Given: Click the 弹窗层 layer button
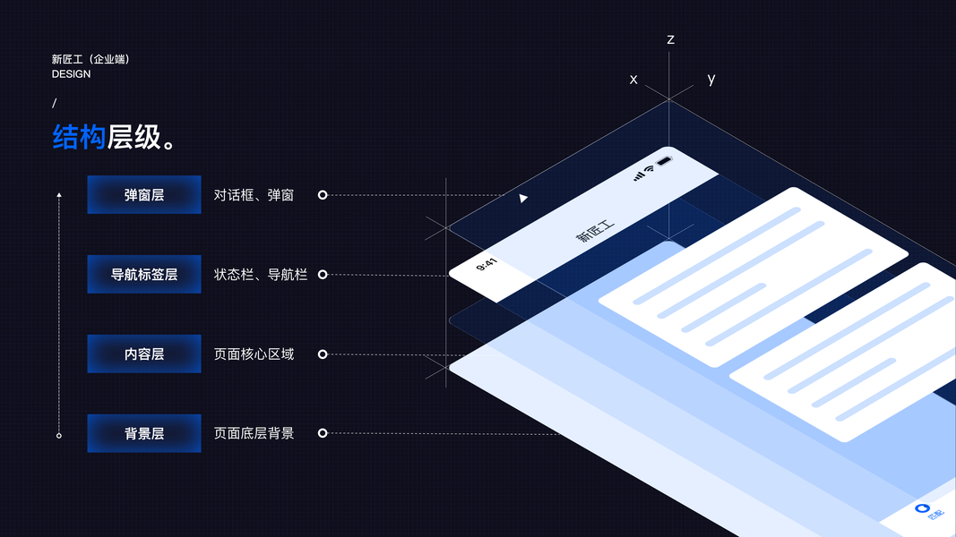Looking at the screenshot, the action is point(144,194).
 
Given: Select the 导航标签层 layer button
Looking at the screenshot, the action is point(144,274).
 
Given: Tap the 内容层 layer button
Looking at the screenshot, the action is point(144,354).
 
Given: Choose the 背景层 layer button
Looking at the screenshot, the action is point(144,433).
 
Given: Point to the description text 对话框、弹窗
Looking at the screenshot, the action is point(254,194).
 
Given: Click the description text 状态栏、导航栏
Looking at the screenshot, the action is point(261,274).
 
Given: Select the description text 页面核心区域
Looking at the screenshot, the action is point(254,354).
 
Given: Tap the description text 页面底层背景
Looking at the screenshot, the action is point(254,433).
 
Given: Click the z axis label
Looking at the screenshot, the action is point(670,39).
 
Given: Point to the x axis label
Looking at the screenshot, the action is point(633,79).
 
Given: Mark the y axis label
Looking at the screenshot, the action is point(711,79).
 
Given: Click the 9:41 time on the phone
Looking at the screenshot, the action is point(487,265).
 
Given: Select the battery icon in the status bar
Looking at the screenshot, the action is point(665,162).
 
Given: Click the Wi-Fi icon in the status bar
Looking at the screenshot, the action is point(649,169).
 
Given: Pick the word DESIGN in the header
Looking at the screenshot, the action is point(71,74).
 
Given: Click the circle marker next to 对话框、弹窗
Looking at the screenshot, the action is point(323,194).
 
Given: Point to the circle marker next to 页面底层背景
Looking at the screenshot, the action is point(323,433).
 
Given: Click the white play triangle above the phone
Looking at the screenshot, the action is point(523,198).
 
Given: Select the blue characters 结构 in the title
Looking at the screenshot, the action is point(79,137).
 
